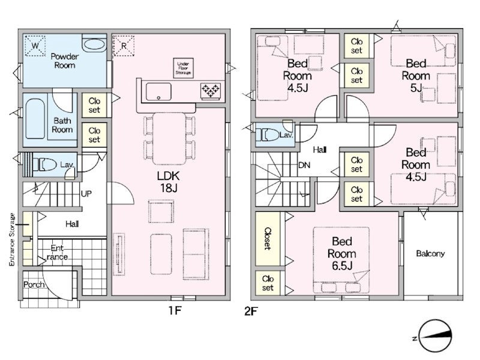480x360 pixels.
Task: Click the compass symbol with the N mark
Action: coord(434,337)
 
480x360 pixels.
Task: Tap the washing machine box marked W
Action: coord(35,46)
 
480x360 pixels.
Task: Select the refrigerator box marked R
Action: coord(124,46)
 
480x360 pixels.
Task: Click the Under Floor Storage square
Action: coord(183,68)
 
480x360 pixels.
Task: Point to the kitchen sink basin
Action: coord(158,92)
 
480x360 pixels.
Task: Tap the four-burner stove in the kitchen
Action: coord(211,91)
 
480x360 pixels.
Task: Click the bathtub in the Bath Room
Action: coord(35,118)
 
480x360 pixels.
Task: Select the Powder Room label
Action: coord(65,61)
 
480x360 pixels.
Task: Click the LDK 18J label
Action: coord(168,182)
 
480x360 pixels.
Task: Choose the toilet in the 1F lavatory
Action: coord(44,164)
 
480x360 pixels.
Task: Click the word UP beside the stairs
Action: coord(86,194)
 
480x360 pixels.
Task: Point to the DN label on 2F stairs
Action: coord(304,166)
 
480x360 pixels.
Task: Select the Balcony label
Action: coord(430,253)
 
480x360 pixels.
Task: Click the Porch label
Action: coord(34,284)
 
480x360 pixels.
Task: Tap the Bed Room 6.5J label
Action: coord(341,253)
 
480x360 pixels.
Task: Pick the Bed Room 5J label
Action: coord(416,76)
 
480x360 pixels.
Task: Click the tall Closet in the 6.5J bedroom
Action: coord(268,239)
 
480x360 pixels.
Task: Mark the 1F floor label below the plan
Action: coord(175,311)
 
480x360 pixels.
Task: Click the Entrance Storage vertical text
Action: coord(12,239)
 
